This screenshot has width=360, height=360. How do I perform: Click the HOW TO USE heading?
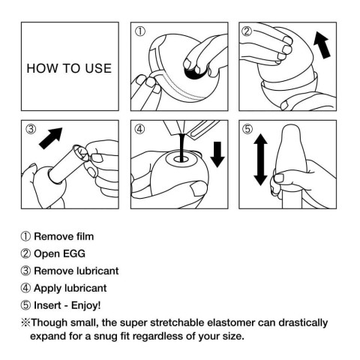click(x=68, y=68)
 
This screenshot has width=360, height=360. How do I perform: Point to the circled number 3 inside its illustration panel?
click(x=31, y=128)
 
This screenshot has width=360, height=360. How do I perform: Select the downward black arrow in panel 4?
click(x=217, y=154)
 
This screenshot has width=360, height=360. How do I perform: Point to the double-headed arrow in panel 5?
click(x=259, y=159)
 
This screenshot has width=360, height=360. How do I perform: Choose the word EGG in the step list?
click(x=73, y=254)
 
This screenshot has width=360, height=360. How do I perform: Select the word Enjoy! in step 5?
click(x=88, y=305)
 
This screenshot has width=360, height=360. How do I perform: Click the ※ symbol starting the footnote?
click(x=25, y=322)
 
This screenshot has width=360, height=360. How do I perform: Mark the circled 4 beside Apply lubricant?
click(x=25, y=288)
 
